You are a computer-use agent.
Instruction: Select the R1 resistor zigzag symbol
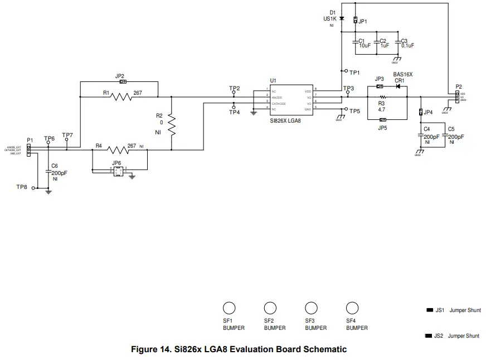click(121, 96)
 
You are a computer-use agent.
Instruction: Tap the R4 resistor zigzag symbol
click(118, 149)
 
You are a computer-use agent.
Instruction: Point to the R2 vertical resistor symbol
click(172, 126)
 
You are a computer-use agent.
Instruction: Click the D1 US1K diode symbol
click(341, 19)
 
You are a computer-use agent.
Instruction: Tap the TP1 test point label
click(354, 72)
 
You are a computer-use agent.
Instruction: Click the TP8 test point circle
click(33, 188)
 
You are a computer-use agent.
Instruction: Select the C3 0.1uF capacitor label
click(407, 43)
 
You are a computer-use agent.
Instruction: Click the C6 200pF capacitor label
click(59, 169)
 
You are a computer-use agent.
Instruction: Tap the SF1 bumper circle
click(229, 308)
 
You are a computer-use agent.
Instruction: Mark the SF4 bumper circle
click(352, 308)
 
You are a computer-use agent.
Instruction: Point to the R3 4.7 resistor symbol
click(382, 96)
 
